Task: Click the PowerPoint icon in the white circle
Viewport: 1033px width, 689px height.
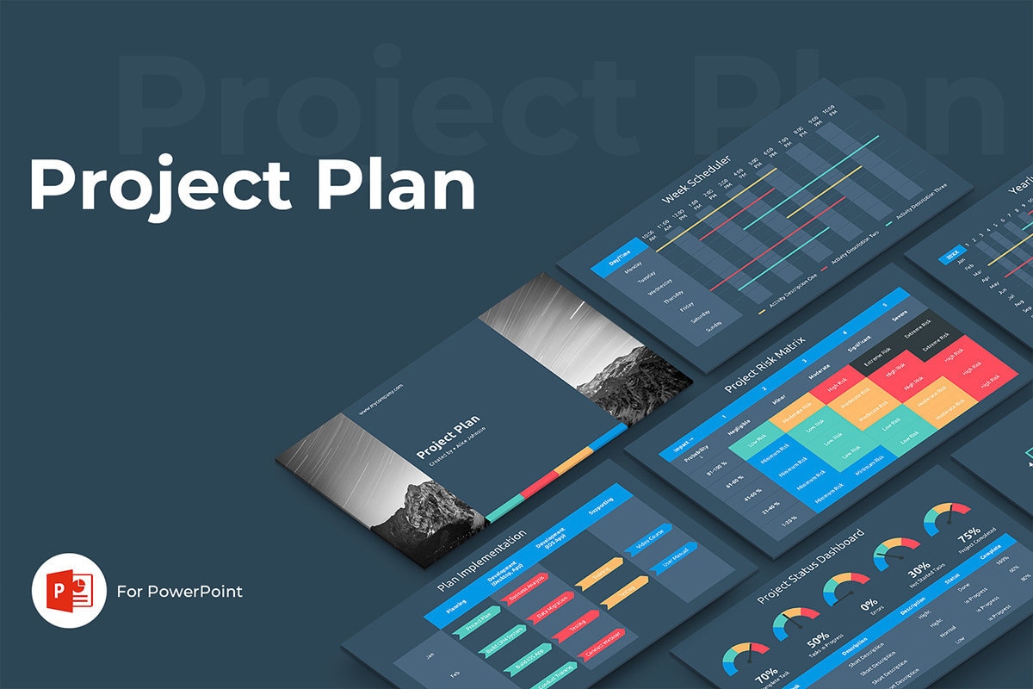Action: point(69,591)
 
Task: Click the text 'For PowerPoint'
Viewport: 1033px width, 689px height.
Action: point(180,592)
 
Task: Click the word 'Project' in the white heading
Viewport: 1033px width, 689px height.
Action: point(159,184)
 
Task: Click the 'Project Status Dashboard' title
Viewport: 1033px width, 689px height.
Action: point(810,568)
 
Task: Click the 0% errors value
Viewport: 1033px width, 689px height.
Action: point(868,603)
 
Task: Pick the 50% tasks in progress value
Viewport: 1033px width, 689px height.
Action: point(819,638)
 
